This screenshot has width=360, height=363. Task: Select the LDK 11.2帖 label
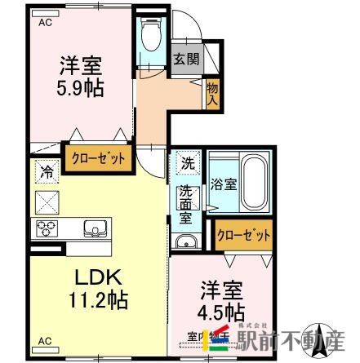click(x=96, y=288)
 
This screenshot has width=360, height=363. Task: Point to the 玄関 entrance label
click(x=183, y=60)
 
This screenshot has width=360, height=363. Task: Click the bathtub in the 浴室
click(x=252, y=182)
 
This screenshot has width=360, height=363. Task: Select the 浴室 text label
click(x=222, y=184)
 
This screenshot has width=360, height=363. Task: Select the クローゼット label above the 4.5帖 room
click(x=243, y=236)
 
